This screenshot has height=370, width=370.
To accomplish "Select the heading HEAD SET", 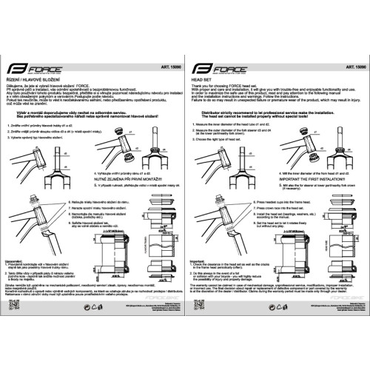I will (x=203, y=76).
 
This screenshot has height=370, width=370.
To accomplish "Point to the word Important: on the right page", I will (x=198, y=260).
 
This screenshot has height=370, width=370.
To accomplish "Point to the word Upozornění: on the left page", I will (x=16, y=260).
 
